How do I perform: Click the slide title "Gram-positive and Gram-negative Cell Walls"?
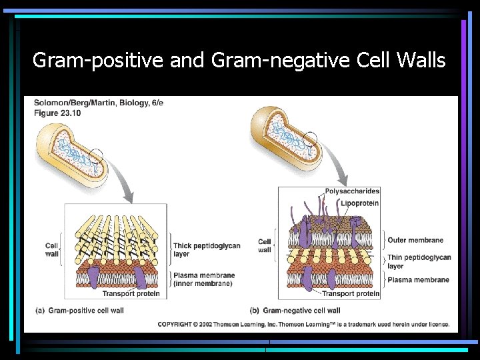click(239, 61)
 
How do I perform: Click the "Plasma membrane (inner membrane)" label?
click(203, 279)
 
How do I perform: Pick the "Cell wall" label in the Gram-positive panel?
click(52, 249)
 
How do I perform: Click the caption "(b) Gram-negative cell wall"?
click(295, 311)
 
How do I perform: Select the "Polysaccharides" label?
click(353, 191)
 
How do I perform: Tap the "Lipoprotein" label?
click(360, 203)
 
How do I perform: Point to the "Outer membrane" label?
click(415, 240)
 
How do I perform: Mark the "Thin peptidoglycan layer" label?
click(419, 261)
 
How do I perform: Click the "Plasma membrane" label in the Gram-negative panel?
click(418, 280)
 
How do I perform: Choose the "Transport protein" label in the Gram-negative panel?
click(351, 293)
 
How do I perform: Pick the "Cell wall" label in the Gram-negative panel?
click(265, 245)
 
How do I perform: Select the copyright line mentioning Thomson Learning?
click(307, 325)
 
